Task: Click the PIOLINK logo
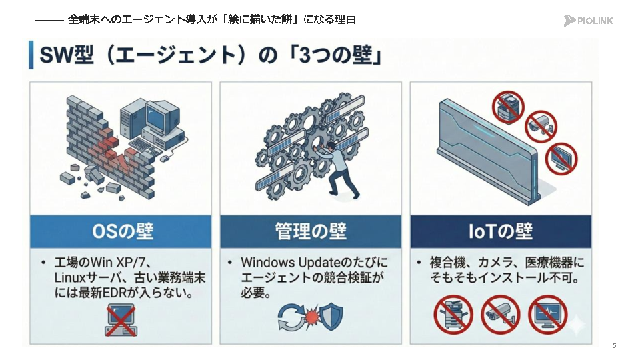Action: click(588, 21)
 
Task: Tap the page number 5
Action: click(614, 346)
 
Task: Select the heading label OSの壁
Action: click(123, 231)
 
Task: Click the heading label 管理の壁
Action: click(311, 231)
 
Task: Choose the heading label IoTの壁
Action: click(501, 231)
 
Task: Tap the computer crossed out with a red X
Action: click(121, 320)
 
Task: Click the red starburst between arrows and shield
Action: click(312, 317)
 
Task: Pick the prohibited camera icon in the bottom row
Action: click(501, 315)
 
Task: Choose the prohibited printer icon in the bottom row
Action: click(453, 315)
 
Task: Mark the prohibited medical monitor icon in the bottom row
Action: click(548, 315)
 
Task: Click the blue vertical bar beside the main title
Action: click(31, 55)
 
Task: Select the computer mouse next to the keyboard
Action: click(165, 159)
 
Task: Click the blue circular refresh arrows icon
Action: click(291, 317)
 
